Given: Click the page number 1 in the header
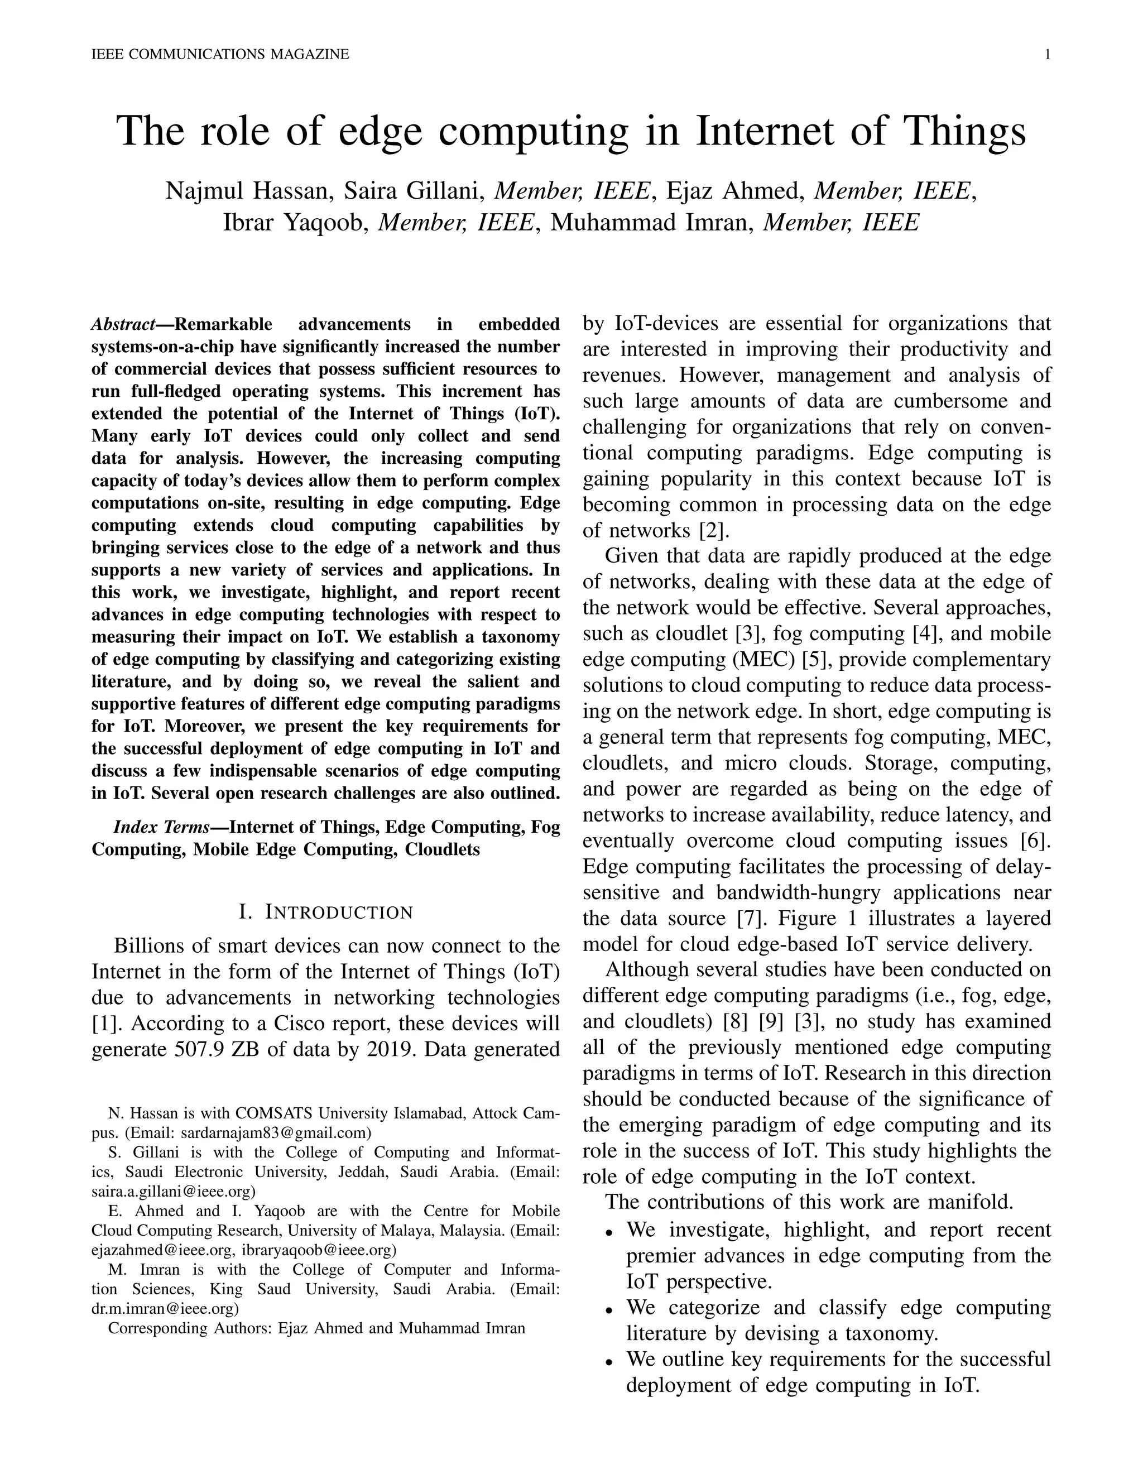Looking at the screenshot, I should (x=1048, y=55).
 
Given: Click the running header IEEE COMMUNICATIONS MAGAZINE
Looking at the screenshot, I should (x=220, y=55).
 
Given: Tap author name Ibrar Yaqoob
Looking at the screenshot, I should (x=295, y=222).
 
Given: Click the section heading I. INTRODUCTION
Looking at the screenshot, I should (x=326, y=912).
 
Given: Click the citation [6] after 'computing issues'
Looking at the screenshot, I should (x=1035, y=841).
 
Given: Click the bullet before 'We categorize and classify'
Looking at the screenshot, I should (x=610, y=1310).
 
